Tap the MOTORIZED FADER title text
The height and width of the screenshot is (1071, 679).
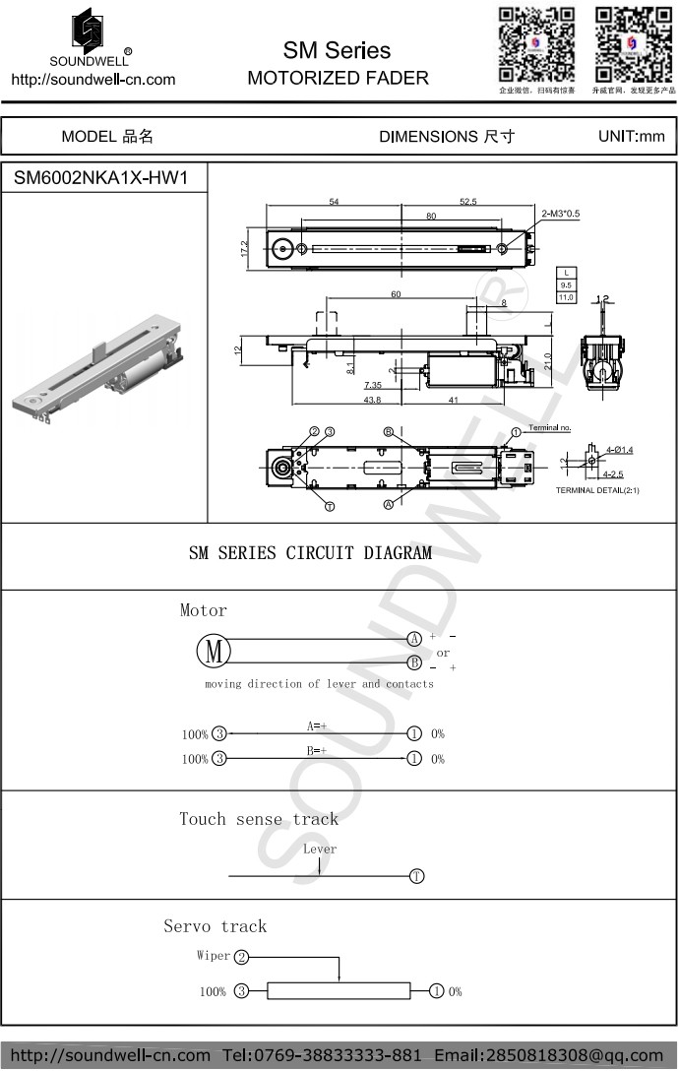pos(338,78)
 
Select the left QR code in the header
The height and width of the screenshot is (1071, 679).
pos(536,45)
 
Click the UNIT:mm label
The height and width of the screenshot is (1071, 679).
pos(631,136)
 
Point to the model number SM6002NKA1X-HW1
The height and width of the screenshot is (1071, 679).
pos(100,179)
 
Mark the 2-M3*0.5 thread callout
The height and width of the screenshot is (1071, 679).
pos(561,213)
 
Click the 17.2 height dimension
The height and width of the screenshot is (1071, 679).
pos(244,249)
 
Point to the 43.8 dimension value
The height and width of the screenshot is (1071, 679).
pos(372,400)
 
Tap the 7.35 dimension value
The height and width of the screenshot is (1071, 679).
pos(372,385)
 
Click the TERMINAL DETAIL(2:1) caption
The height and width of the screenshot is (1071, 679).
pos(596,490)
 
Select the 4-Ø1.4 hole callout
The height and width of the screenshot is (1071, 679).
pos(619,450)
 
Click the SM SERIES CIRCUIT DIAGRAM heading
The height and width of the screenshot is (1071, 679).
pos(310,553)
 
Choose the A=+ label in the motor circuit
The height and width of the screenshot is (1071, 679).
pos(316,725)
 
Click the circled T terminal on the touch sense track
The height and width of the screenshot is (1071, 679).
pos(417,876)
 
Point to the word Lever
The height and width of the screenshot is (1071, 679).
pos(320,849)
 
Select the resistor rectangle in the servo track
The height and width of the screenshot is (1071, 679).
pos(339,991)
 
